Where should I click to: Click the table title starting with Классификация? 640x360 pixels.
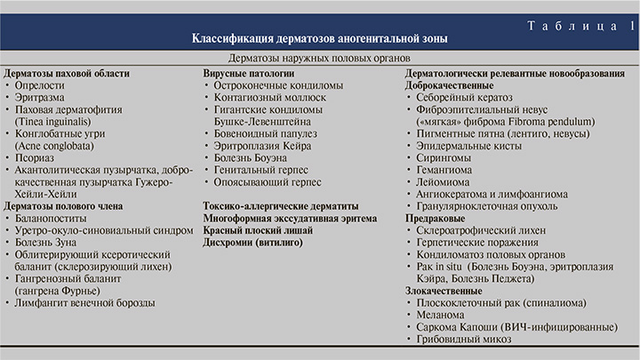[320, 40]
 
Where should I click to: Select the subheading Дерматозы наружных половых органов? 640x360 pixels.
[320, 58]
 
